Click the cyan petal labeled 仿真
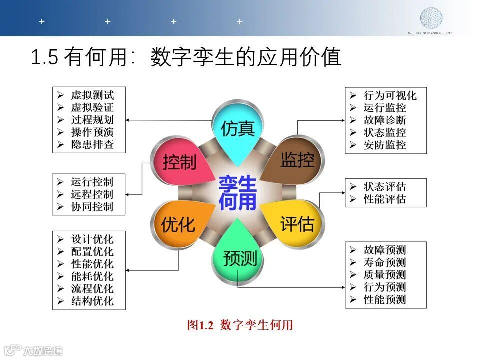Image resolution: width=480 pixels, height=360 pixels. [238, 129]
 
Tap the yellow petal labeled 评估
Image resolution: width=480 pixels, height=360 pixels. [297, 224]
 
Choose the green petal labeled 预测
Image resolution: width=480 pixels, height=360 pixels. [239, 258]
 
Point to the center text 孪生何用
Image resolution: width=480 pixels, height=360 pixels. [238, 193]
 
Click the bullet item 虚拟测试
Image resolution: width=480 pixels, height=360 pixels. [92, 95]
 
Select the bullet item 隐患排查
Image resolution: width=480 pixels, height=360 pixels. [92, 145]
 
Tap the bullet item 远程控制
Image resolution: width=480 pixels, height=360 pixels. [92, 194]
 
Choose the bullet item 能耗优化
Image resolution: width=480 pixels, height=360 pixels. [92, 276]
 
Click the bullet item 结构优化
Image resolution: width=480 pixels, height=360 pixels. [92, 301]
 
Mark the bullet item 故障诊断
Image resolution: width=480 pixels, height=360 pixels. [385, 120]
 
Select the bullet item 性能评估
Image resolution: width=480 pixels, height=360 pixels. [385, 199]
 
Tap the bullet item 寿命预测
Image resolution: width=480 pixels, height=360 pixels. [385, 262]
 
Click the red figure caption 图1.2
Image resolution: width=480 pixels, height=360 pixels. [200, 326]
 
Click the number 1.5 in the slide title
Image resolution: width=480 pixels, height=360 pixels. [45, 58]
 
